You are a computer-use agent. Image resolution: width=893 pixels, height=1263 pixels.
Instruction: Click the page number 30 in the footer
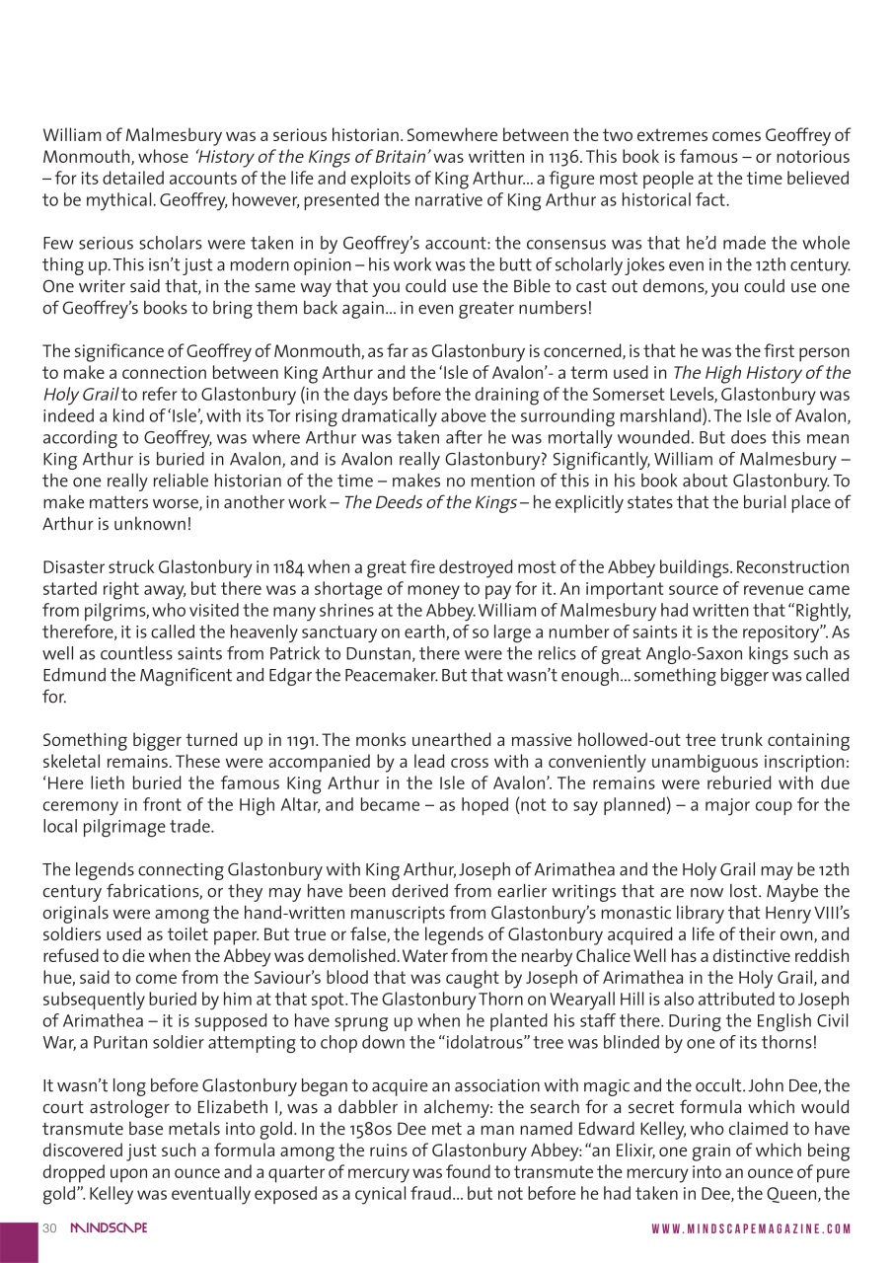49,1228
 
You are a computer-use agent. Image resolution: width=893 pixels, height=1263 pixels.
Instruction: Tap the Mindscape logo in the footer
109,1228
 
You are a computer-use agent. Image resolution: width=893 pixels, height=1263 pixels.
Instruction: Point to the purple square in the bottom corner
19,1241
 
